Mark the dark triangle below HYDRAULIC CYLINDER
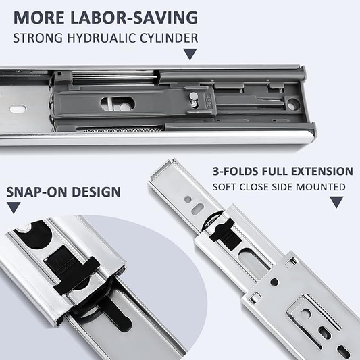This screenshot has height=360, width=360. (x=191, y=55)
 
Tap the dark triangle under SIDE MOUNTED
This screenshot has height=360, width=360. (x=336, y=202)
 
